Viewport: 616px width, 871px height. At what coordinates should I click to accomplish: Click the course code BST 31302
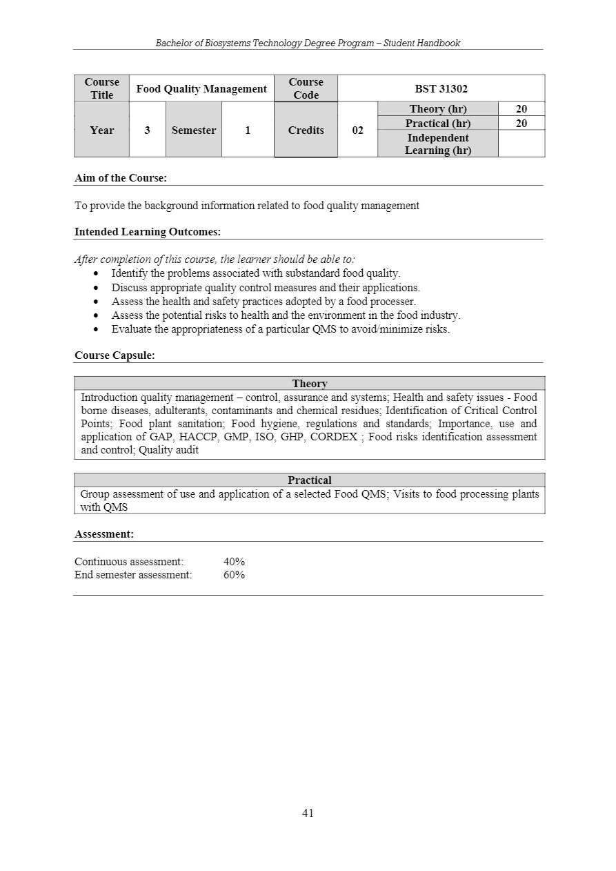click(x=441, y=88)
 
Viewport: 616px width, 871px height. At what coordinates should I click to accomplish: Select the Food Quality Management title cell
click(x=201, y=88)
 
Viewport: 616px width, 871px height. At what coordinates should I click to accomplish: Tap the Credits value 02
click(x=357, y=130)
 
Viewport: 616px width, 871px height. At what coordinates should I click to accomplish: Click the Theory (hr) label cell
click(x=437, y=109)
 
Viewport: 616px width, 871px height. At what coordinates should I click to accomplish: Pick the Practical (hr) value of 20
click(x=521, y=123)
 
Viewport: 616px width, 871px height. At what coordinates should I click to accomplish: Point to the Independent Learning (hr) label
click(x=437, y=144)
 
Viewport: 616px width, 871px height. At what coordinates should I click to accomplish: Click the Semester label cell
click(x=193, y=130)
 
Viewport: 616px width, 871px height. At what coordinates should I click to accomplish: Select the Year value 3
click(x=148, y=130)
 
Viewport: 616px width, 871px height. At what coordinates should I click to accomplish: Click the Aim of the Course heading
click(x=121, y=178)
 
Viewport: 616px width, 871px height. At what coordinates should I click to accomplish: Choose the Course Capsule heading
click(x=115, y=355)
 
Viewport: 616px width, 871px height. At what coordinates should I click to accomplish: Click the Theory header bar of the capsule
click(x=310, y=383)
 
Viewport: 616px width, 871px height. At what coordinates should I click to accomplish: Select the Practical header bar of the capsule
click(x=310, y=480)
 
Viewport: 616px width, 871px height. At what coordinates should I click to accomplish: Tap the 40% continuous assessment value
click(x=234, y=562)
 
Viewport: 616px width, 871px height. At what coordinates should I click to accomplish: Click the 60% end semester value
click(x=234, y=575)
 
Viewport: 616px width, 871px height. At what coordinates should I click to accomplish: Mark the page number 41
click(x=308, y=813)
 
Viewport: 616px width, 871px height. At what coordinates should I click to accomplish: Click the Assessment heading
click(x=104, y=534)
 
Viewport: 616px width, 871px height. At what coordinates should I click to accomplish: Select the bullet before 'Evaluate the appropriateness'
click(x=95, y=329)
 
